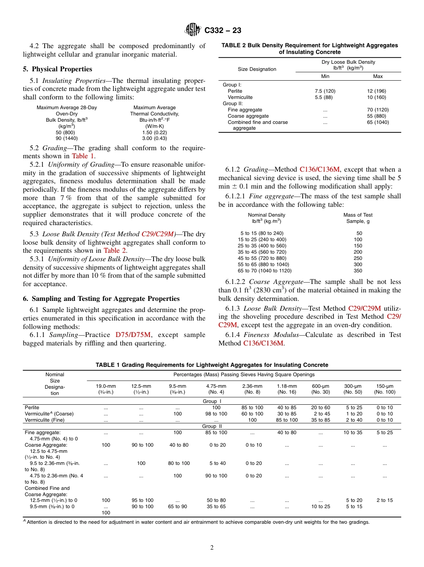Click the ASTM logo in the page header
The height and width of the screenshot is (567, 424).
(193, 30)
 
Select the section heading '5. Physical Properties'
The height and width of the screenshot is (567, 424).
(58, 69)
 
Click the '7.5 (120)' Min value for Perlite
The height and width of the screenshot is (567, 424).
(325, 91)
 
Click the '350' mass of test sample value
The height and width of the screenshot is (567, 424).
(358, 271)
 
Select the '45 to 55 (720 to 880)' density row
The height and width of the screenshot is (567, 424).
(262, 258)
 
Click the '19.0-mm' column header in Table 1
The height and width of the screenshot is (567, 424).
(106, 386)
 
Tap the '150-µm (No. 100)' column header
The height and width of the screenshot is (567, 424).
(384, 389)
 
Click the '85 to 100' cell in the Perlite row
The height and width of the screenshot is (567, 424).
(252, 407)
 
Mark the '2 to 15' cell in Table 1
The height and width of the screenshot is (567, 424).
(384, 500)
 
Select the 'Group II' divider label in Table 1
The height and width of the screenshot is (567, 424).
(209, 426)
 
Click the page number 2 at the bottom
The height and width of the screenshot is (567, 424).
(212, 548)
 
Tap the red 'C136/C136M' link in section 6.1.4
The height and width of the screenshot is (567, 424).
(263, 343)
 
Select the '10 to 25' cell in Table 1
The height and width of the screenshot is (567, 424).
(320, 506)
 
